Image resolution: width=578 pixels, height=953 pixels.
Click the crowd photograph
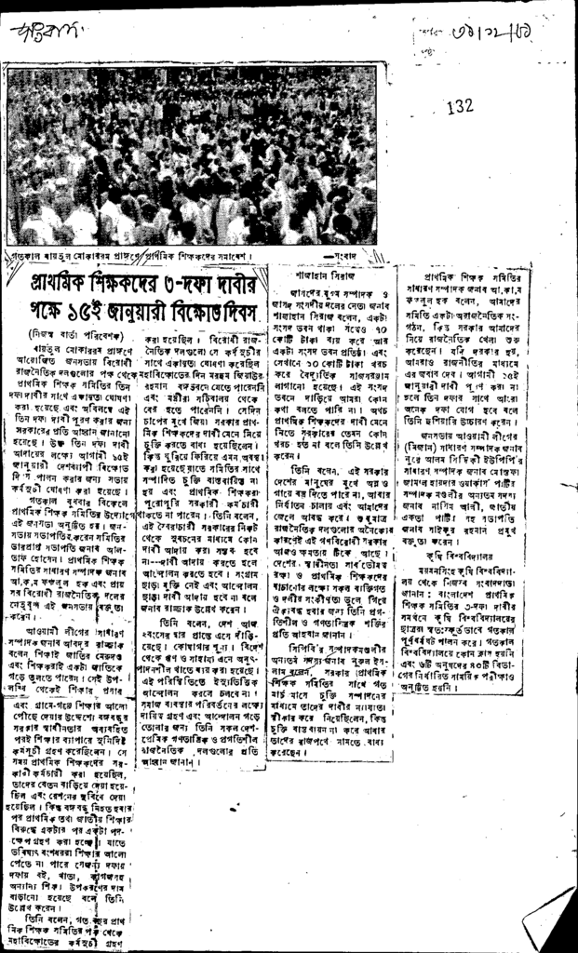click(192, 154)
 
